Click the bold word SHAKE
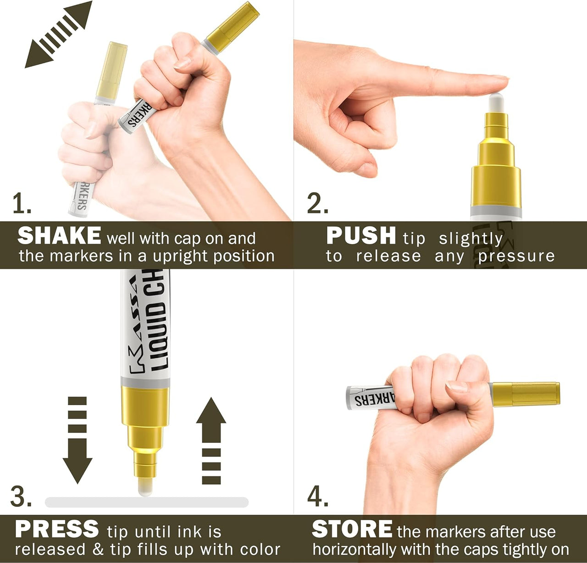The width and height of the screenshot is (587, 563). (59, 236)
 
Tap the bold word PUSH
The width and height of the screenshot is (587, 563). (361, 236)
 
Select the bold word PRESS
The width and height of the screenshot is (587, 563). (57, 529)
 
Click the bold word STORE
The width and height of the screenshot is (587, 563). (352, 529)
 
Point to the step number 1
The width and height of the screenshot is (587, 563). (21, 204)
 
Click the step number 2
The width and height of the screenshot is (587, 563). (317, 204)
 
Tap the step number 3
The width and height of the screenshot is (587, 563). (21, 496)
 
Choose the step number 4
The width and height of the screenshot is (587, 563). (317, 496)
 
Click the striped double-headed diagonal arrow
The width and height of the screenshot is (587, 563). (58, 34)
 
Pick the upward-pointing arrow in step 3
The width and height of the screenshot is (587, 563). (211, 440)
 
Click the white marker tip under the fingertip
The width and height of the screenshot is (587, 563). (496, 102)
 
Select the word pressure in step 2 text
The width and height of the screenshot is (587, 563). (516, 256)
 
